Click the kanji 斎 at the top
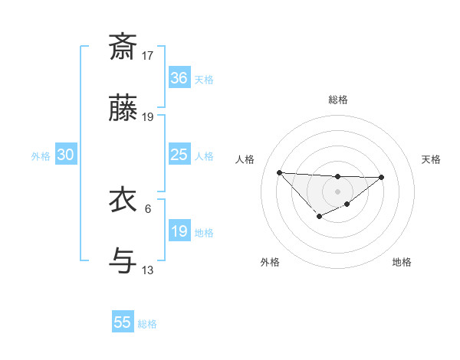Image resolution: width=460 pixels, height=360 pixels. pyautogui.click(x=123, y=47)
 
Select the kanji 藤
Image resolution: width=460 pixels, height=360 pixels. pyautogui.click(x=123, y=109)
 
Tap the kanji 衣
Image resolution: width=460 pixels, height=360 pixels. pyautogui.click(x=123, y=201)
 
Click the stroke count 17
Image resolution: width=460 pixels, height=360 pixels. pyautogui.click(x=148, y=56)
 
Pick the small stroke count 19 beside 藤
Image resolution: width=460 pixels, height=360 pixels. pyautogui.click(x=148, y=117)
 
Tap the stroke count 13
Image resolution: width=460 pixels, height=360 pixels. pyautogui.click(x=148, y=270)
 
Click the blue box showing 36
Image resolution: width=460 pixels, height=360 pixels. pyautogui.click(x=179, y=78)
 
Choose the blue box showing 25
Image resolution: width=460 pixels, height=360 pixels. pyautogui.click(x=179, y=155)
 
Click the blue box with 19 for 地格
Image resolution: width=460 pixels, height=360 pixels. pyautogui.click(x=179, y=231)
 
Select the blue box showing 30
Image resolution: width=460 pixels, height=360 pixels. pyautogui.click(x=66, y=155)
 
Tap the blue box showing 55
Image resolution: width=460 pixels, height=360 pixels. pyautogui.click(x=123, y=322)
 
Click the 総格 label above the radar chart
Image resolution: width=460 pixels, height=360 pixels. pyautogui.click(x=337, y=100)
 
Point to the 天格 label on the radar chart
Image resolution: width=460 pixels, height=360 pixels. pyautogui.click(x=431, y=159)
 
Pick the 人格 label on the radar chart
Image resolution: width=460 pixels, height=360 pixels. pyautogui.click(x=245, y=159)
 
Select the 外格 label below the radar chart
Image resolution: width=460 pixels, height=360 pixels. pyautogui.click(x=270, y=262)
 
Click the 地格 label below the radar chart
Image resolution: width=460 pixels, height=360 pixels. pyautogui.click(x=402, y=262)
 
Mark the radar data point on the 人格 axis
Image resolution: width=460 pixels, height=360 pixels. pyautogui.click(x=279, y=172)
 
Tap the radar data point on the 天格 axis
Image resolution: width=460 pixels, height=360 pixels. pyautogui.click(x=382, y=177)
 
